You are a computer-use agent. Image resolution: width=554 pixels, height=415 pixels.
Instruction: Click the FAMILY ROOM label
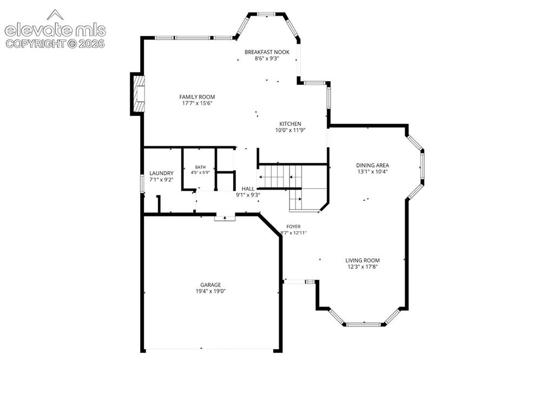click(x=197, y=97)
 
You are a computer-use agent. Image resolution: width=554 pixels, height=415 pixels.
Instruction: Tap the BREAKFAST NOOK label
click(x=267, y=52)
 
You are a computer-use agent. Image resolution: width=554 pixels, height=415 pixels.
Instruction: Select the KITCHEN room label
click(x=290, y=124)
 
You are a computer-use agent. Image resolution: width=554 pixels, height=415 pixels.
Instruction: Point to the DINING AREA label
click(x=372, y=165)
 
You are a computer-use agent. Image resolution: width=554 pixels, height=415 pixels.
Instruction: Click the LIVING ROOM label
click(x=362, y=260)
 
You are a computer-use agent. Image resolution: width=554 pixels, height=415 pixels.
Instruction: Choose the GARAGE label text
click(x=210, y=285)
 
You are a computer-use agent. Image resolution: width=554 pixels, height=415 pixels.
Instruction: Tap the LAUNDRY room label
click(x=161, y=173)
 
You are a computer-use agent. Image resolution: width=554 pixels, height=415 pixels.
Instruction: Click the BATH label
click(x=200, y=167)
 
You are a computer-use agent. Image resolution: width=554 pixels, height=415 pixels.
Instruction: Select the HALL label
click(x=248, y=189)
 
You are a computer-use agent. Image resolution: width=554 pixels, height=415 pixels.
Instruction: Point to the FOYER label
click(x=293, y=227)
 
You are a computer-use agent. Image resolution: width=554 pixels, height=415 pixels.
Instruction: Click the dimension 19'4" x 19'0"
click(x=210, y=291)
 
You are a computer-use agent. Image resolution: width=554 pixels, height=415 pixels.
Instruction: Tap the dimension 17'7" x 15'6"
click(x=197, y=103)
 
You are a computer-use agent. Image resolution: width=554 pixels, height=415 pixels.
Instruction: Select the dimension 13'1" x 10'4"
click(x=372, y=172)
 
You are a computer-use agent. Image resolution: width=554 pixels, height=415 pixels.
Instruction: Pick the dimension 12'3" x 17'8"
click(x=362, y=267)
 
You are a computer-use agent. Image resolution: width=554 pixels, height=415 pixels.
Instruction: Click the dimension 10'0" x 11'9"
click(x=290, y=130)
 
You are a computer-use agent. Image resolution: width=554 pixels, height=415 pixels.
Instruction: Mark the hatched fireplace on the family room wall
click(x=139, y=94)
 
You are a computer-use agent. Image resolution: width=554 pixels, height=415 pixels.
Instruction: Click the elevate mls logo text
click(x=55, y=30)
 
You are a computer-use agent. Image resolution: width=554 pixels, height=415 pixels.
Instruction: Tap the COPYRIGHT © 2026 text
click(x=55, y=43)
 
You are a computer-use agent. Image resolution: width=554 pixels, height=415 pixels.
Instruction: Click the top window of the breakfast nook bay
click(x=266, y=14)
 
